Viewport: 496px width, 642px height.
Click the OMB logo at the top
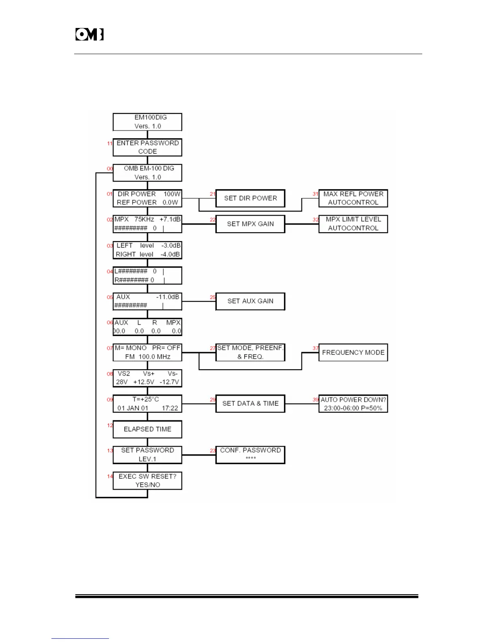(x=89, y=34)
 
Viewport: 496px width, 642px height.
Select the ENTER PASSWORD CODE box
(x=147, y=147)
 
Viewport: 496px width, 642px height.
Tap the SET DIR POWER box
(x=250, y=198)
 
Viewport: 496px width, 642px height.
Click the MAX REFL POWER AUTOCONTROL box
(x=353, y=198)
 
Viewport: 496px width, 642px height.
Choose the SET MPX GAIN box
(x=250, y=224)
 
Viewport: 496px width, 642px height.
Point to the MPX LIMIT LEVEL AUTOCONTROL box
(x=353, y=224)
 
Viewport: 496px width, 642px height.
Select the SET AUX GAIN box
(x=250, y=301)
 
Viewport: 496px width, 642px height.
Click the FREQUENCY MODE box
(x=353, y=353)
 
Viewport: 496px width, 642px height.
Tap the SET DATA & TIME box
(x=250, y=404)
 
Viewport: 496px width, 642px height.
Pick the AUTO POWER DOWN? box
(x=353, y=404)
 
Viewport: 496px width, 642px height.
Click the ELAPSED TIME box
(x=147, y=429)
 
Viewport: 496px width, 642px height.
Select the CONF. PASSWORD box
(x=250, y=455)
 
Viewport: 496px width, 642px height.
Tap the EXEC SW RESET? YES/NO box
(x=147, y=481)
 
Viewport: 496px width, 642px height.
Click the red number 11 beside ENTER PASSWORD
(x=110, y=143)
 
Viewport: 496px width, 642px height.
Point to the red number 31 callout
(x=315, y=194)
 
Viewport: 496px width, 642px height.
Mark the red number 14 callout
(x=110, y=477)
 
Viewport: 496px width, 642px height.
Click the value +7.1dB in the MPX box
(x=170, y=219)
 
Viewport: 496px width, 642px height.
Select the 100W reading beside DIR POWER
(x=172, y=194)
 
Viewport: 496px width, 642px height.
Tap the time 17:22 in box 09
(x=170, y=408)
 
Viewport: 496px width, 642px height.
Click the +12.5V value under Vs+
(x=144, y=382)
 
